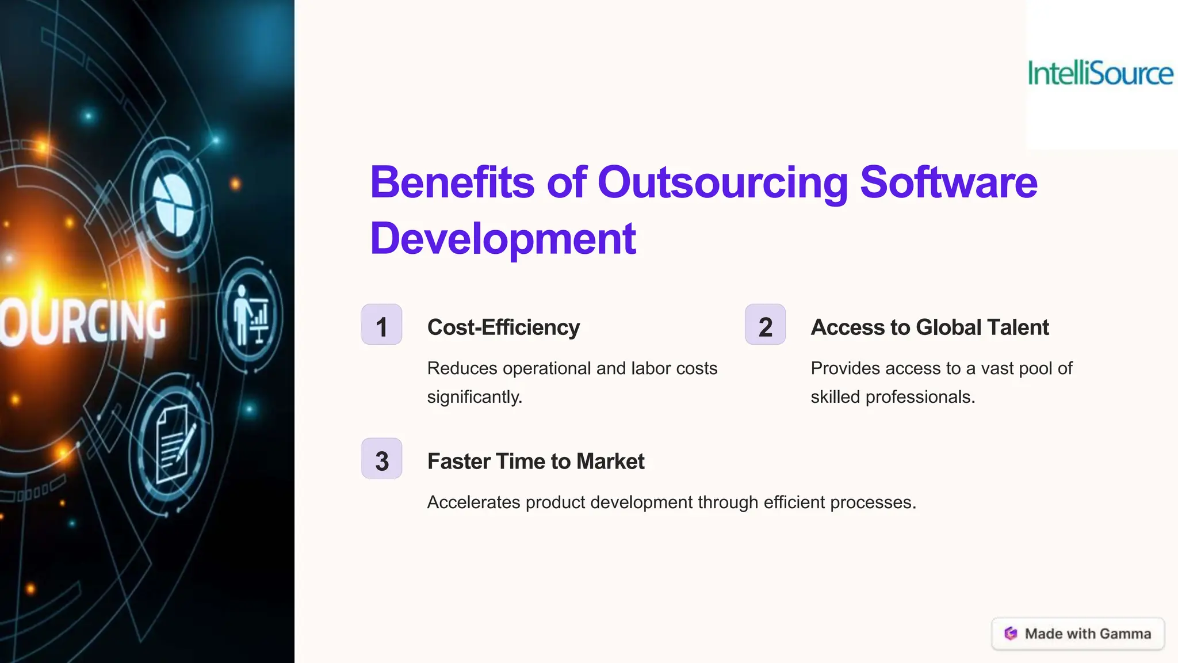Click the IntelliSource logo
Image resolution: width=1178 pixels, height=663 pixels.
pos(1100,74)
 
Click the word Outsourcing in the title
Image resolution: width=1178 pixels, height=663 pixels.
pos(722,183)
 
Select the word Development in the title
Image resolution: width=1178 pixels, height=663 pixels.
pos(503,239)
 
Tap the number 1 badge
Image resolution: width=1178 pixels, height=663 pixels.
pos(381,325)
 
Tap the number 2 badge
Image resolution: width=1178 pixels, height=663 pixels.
pos(765,325)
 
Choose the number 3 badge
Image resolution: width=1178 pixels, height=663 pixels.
pos(381,459)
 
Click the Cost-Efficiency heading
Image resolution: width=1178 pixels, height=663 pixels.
pos(503,327)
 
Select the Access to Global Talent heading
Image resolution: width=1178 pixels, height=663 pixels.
pos(930,327)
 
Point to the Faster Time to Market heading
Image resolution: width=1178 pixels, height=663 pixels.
pos(536,462)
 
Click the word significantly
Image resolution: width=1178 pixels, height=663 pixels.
pos(474,397)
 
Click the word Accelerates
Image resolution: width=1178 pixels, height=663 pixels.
pos(473,502)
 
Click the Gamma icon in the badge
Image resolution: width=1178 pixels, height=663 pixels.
pos(1011,634)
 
